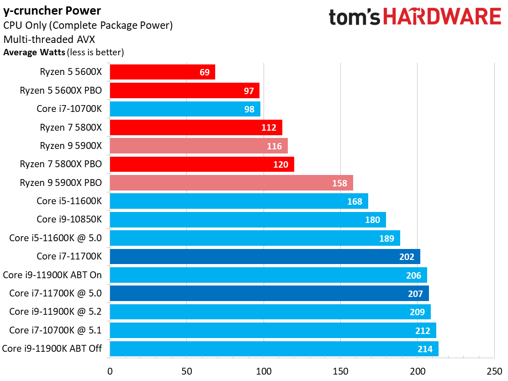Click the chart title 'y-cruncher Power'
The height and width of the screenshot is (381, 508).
53,10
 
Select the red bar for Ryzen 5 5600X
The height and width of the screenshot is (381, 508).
162,72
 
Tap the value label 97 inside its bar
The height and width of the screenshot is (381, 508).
249,90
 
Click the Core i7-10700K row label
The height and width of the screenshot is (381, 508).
69,109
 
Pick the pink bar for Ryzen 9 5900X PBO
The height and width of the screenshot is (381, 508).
231,183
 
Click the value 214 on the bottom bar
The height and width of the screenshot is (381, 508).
425,349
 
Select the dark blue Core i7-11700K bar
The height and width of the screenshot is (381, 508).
265,256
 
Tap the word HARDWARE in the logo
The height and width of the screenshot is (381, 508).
442,17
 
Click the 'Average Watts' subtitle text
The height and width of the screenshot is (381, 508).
34,52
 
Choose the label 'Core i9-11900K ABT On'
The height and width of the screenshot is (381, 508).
52,275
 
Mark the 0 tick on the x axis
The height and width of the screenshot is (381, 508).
110,371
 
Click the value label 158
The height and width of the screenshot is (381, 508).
340,183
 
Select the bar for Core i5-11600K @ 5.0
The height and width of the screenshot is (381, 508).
255,238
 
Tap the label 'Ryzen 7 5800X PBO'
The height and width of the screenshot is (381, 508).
61,164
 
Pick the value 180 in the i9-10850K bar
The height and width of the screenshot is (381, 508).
373,220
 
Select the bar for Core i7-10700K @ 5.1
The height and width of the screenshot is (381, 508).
273,330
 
